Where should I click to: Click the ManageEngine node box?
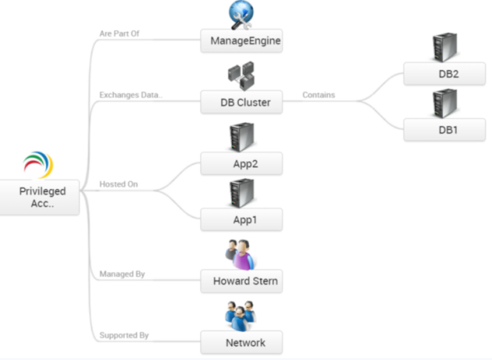241,41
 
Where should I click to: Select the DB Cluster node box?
241,102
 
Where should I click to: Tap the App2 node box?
241,163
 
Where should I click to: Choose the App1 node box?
241,219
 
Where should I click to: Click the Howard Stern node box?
241,281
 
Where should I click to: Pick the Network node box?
241,342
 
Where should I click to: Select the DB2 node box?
444,73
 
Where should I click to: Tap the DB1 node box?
444,130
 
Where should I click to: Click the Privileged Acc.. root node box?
39,198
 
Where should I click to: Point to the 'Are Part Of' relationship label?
119,34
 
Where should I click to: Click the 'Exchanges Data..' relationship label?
131,94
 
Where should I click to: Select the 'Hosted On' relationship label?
119,184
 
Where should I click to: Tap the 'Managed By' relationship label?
122,274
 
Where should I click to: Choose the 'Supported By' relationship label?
124,335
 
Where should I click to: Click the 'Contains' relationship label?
319,94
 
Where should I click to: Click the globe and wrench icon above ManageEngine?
241,15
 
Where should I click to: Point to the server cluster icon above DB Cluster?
241,76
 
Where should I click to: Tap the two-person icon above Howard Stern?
241,255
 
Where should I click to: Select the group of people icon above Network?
241,316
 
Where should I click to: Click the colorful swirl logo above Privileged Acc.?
38,165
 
